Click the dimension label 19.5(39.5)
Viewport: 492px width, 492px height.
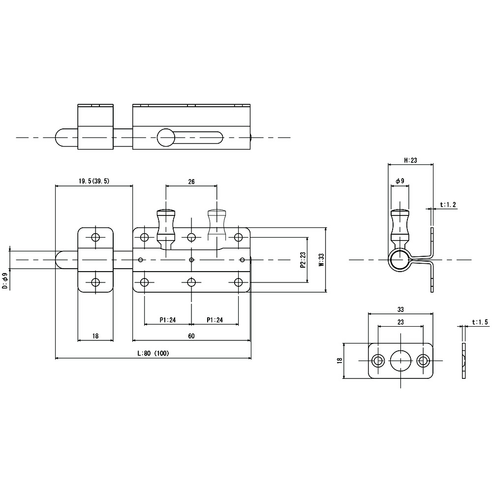click(x=94, y=181)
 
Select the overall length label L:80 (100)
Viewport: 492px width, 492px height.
click(x=153, y=353)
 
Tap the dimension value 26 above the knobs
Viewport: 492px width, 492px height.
click(x=191, y=182)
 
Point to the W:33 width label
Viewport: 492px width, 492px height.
click(x=321, y=260)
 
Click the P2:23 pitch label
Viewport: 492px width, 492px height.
click(x=303, y=260)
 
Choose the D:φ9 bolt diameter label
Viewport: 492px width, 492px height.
click(x=5, y=281)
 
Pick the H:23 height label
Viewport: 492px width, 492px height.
click(x=410, y=160)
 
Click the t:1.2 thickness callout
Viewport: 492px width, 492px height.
click(x=448, y=205)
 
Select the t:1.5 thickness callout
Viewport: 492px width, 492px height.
click(x=480, y=322)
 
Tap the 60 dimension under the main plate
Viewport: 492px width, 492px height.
click(x=191, y=336)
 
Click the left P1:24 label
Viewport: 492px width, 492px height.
click(x=168, y=320)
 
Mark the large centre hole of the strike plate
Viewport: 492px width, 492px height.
click(x=400, y=361)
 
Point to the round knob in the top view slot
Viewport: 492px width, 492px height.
click(x=166, y=137)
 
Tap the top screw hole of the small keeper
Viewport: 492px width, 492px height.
click(x=96, y=237)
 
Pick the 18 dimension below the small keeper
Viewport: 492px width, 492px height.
click(x=95, y=336)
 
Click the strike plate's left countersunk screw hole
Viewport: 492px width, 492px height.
click(x=378, y=361)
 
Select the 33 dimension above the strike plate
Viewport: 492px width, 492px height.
click(x=400, y=309)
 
